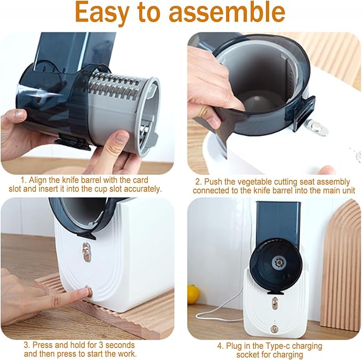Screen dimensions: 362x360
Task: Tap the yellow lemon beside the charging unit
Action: [x=193, y=294]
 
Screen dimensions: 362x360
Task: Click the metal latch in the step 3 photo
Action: [x=86, y=252]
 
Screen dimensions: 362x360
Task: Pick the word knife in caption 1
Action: [x=71, y=180]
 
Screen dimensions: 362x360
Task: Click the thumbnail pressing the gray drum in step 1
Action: [x=121, y=138]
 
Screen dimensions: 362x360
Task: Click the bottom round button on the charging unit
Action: [x=274, y=329]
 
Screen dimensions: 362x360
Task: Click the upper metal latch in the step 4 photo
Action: [x=275, y=303]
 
